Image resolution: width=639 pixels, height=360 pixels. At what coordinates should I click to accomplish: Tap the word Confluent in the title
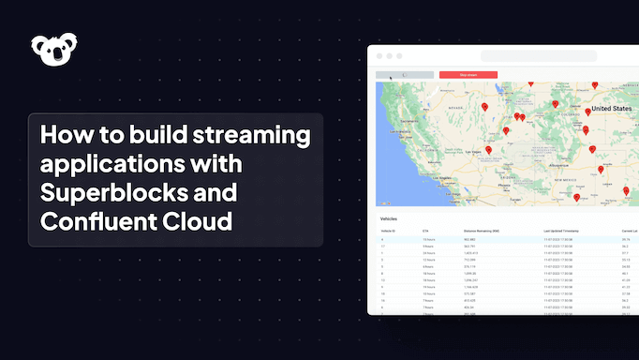pyautogui.click(x=94, y=220)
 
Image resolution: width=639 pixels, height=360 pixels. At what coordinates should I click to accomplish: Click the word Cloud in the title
pyautogui.click(x=196, y=220)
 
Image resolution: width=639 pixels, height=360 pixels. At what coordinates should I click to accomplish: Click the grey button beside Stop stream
pyautogui.click(x=404, y=74)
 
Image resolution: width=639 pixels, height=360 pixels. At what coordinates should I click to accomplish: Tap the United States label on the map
pyautogui.click(x=613, y=109)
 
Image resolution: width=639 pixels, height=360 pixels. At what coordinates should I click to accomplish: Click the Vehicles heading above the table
pyautogui.click(x=388, y=218)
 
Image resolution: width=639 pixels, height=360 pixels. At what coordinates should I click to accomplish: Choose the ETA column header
pyautogui.click(x=425, y=230)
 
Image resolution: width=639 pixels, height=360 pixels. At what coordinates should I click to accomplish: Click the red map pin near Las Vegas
pyautogui.click(x=488, y=148)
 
